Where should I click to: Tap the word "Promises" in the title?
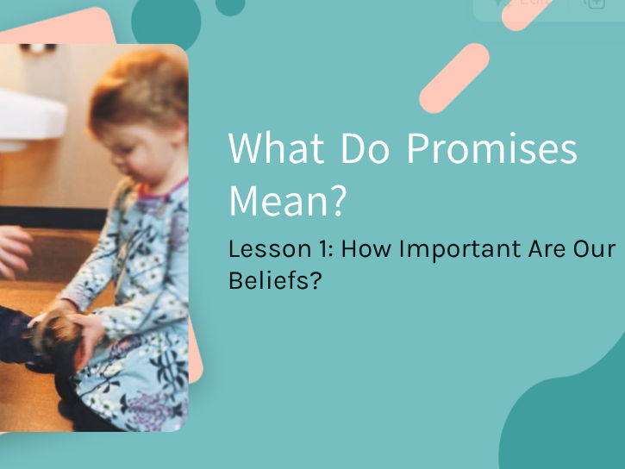point(491,149)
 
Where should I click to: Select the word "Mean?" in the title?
point(287,200)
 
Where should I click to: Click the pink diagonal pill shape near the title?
point(454,78)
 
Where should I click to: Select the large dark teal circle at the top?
point(166,22)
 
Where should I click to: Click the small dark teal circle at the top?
point(230,6)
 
